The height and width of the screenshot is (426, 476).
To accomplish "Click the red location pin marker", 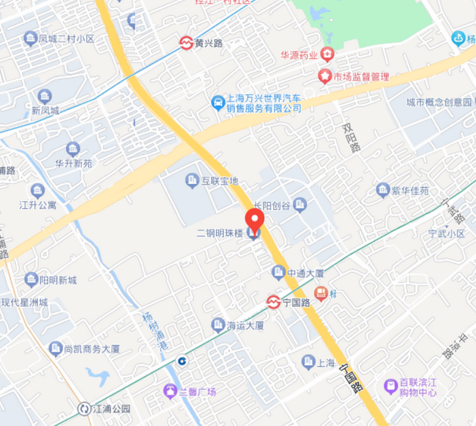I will pyautogui.click(x=254, y=221).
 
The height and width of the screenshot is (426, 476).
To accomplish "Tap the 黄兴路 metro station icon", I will pyautogui.click(x=187, y=43).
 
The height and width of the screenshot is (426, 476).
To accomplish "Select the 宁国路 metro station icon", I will pyautogui.click(x=273, y=302).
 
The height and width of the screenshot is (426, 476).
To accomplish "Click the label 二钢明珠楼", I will pyautogui.click(x=220, y=234).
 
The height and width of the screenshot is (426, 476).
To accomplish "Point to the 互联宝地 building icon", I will pyautogui.click(x=192, y=180).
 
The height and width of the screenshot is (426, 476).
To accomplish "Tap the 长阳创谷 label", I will pyautogui.click(x=272, y=205).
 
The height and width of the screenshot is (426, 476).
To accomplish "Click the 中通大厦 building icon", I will pyautogui.click(x=278, y=273).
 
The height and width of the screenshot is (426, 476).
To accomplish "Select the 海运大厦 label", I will pyautogui.click(x=245, y=325).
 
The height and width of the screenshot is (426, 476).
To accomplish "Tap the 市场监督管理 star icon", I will pyautogui.click(x=324, y=76).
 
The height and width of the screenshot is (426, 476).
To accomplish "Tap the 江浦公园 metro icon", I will pyautogui.click(x=84, y=408).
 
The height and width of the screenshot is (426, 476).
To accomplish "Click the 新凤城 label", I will pyautogui.click(x=45, y=111).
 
